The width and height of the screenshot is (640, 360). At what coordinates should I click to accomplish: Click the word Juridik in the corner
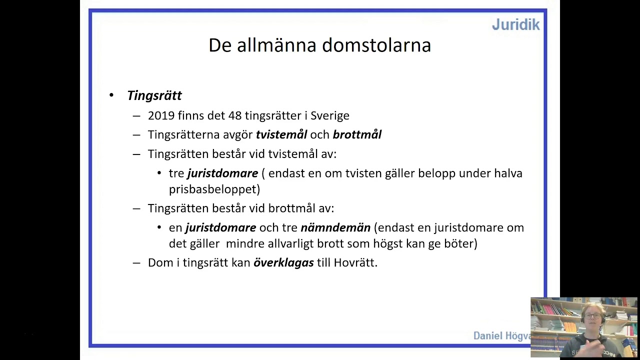click(x=515, y=24)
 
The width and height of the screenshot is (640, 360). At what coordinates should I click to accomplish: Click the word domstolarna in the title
click(x=376, y=45)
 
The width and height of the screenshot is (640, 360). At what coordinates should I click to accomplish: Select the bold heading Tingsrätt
click(x=154, y=95)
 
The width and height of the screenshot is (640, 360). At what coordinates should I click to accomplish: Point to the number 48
click(x=235, y=115)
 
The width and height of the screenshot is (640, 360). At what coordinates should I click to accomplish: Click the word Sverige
click(x=330, y=115)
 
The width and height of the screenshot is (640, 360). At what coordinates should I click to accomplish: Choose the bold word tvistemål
click(x=281, y=134)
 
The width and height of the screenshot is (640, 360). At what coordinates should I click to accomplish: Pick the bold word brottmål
click(x=357, y=134)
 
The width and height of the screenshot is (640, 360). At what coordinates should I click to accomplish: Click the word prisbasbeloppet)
click(x=214, y=189)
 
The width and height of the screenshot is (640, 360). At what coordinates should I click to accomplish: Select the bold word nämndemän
click(x=335, y=227)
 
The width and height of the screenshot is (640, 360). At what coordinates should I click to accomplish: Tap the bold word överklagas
click(x=283, y=262)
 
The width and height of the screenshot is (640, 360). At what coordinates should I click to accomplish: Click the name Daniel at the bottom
click(x=487, y=336)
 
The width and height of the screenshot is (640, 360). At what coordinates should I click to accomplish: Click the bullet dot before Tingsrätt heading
click(x=111, y=95)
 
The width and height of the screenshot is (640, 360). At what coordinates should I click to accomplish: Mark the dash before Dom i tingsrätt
click(x=136, y=262)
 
